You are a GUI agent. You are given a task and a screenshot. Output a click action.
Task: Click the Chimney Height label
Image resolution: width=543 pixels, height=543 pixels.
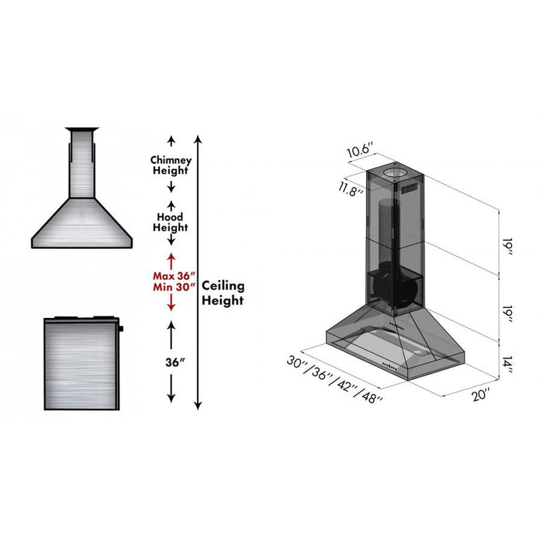point(171,164)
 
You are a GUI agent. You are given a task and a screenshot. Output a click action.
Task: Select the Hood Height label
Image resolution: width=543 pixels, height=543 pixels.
point(171,222)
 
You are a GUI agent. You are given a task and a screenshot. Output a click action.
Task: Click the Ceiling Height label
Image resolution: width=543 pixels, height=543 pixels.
point(223,293)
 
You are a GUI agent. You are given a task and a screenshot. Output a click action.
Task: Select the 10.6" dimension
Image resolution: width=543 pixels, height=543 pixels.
point(360,149)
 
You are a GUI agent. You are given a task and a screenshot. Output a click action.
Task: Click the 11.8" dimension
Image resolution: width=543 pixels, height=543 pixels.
point(350,190)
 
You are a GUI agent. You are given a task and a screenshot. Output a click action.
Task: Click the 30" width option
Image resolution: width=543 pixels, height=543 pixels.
point(296,361)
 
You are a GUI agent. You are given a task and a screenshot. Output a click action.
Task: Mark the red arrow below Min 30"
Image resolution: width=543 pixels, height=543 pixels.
point(171,304)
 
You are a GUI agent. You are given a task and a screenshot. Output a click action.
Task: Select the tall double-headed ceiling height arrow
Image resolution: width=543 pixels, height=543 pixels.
point(199,271)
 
